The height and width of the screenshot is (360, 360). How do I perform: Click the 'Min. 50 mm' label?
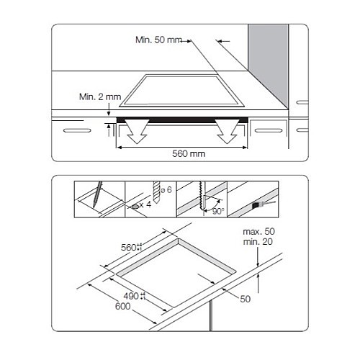[x=158, y=40]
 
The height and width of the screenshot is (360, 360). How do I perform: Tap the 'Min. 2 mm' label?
[x=100, y=96]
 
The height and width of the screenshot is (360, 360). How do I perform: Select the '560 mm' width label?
[x=189, y=153]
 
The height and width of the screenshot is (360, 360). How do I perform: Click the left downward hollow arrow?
[x=137, y=131]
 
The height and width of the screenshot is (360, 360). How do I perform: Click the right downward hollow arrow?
[x=227, y=131]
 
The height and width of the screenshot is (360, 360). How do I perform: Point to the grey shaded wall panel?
[x=269, y=60]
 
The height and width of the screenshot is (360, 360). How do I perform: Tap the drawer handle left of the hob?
[x=77, y=130]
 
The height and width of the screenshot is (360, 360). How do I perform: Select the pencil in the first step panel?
[x=97, y=194]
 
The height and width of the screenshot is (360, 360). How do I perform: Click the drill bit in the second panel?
[x=156, y=192]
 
